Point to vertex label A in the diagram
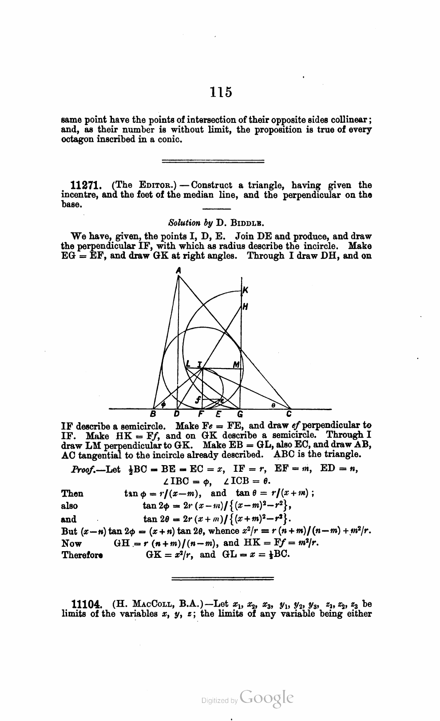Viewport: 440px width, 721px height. coord(178,270)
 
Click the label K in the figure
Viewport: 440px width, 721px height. coord(245,290)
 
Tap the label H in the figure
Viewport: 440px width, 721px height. coord(245,306)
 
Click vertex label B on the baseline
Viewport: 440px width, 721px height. coord(154,415)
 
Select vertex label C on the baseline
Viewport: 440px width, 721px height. coord(289,415)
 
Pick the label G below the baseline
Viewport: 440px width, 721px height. coord(240,415)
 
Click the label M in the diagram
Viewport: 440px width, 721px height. coord(236,364)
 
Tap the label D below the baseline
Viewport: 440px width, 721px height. coord(177,415)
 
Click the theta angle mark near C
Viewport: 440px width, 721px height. coord(274,404)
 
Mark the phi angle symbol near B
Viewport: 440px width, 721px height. coord(163,404)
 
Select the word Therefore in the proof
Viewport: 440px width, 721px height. coord(82,555)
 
